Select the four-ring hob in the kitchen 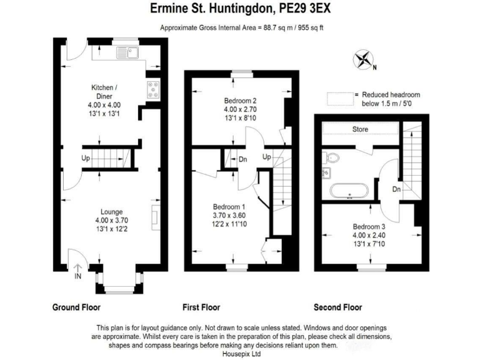(153, 89)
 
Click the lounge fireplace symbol (154, 216)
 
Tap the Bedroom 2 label (241, 101)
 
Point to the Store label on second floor (360, 129)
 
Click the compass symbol (362, 61)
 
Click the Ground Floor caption (76, 307)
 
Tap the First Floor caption (201, 307)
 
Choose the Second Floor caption (337, 307)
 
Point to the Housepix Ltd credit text (239, 354)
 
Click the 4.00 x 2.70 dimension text (241, 109)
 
